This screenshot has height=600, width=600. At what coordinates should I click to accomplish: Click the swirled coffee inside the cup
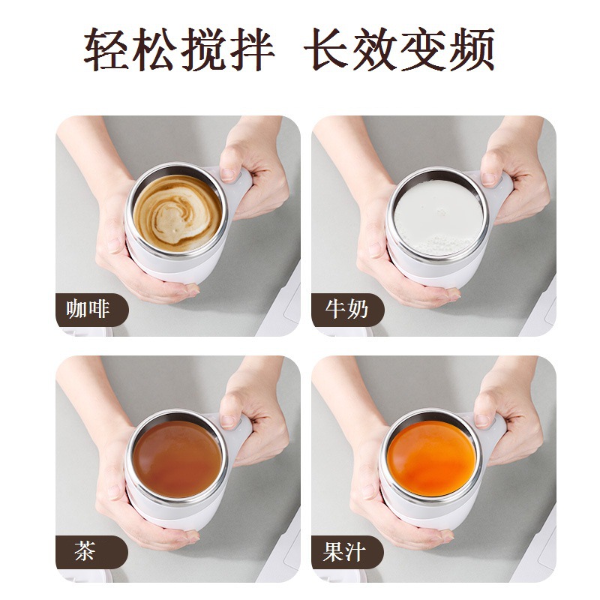point(176,212)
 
